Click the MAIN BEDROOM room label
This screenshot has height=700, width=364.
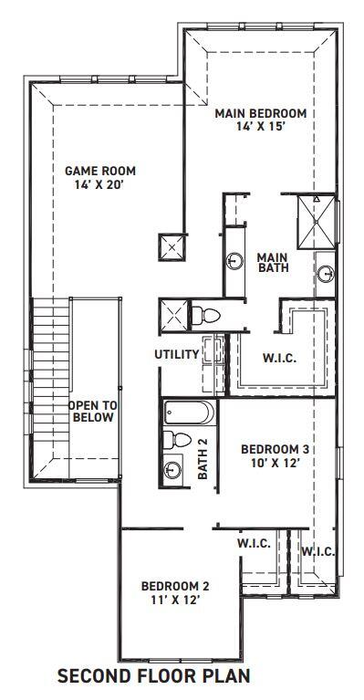[260, 114]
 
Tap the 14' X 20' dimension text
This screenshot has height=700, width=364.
[99, 184]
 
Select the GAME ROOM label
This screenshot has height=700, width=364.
[99, 170]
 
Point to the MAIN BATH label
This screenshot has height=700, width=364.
[272, 262]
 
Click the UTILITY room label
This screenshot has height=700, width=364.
[177, 353]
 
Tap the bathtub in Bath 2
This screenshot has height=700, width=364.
[189, 413]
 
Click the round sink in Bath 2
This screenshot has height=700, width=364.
[174, 469]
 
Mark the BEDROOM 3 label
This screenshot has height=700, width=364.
[276, 449]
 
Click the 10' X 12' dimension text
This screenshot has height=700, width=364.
[276, 464]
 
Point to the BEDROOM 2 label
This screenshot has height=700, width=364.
[176, 586]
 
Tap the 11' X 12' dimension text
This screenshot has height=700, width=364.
[176, 601]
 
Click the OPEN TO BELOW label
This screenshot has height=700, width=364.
[92, 411]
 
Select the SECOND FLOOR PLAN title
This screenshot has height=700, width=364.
[153, 677]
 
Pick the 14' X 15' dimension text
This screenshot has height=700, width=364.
[260, 129]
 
